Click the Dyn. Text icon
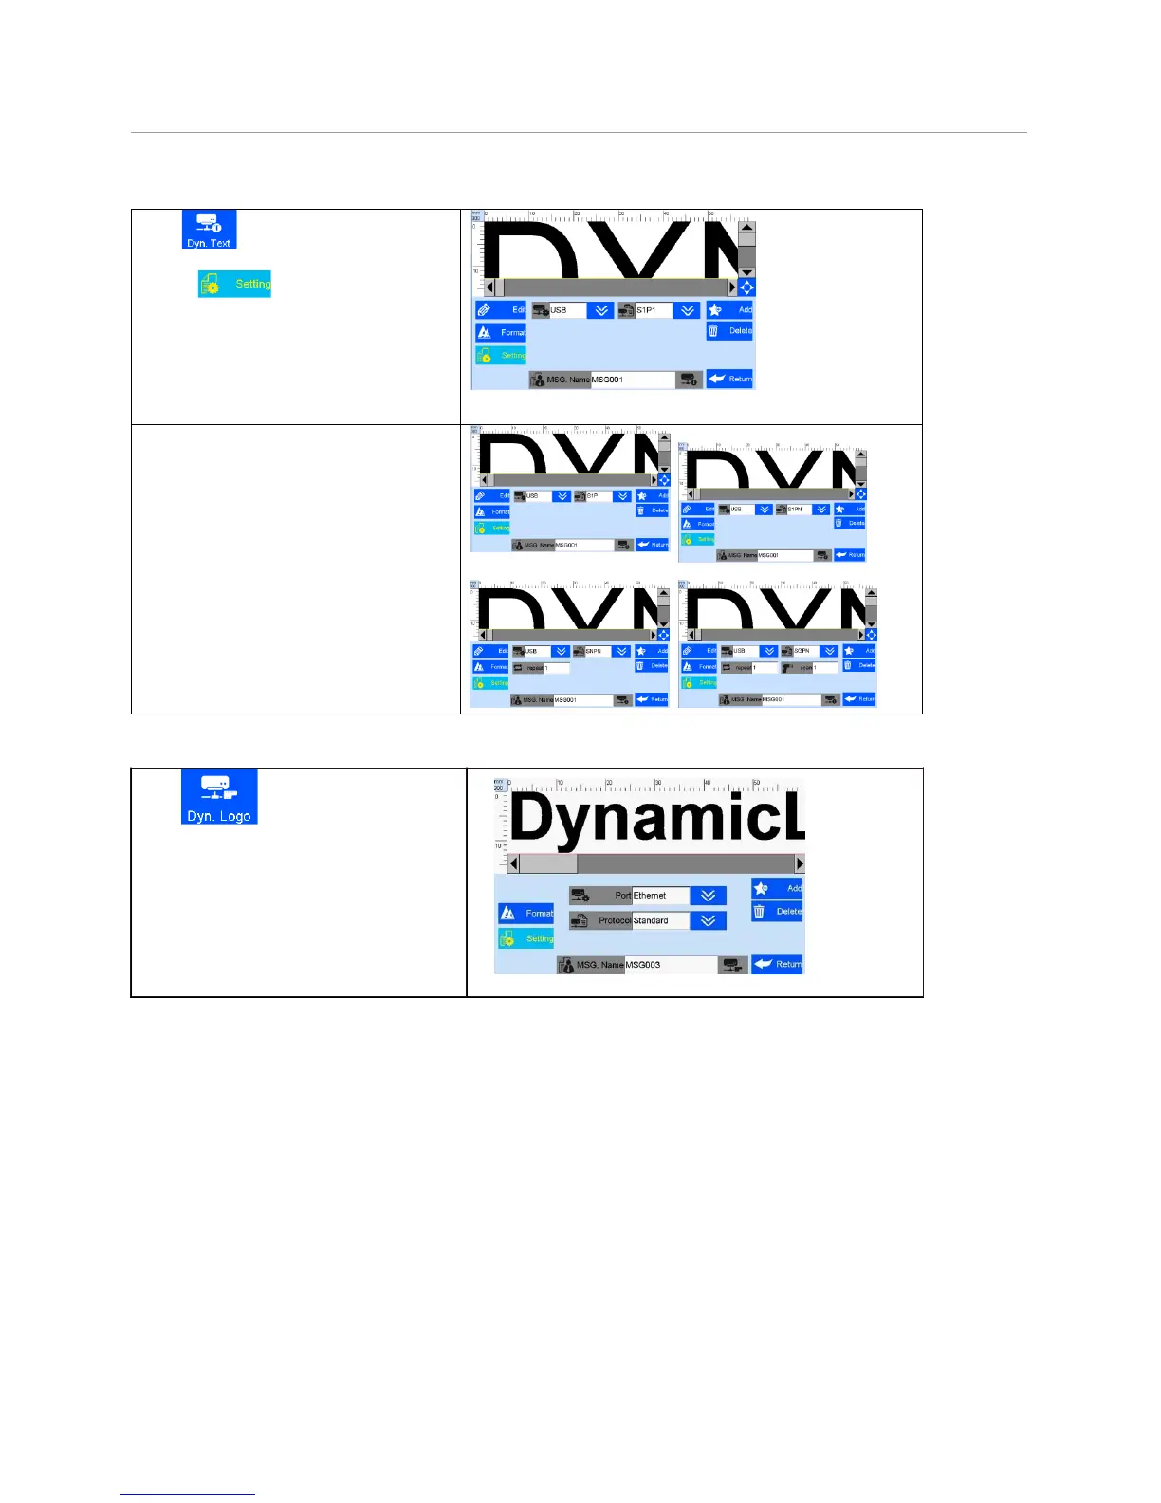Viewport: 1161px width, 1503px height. point(209,230)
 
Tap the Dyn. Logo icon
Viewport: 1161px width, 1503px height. point(219,796)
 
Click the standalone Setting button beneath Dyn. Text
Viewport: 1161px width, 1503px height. point(234,284)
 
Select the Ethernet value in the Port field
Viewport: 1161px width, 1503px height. point(659,896)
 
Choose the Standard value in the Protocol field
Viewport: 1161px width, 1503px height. point(659,920)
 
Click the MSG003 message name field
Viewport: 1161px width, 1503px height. point(670,965)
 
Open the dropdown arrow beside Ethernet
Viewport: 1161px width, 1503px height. point(708,896)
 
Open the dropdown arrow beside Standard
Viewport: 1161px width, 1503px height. point(708,920)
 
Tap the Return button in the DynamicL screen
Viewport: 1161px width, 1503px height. point(777,964)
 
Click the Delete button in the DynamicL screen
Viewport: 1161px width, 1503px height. point(777,912)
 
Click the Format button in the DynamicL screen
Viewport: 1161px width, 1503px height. point(526,913)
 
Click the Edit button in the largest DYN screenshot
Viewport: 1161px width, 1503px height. point(501,310)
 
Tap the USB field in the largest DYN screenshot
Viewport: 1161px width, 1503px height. point(566,310)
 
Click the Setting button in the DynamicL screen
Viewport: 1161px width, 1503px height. point(526,938)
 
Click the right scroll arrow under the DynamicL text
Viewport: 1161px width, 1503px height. point(800,864)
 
